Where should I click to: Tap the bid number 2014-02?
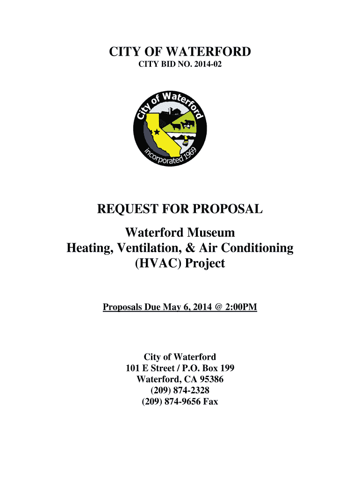click(204, 67)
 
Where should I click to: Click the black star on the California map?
click(157, 132)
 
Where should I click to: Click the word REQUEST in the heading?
click(125, 210)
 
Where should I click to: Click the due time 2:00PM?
click(240, 307)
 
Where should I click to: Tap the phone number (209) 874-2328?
click(180, 390)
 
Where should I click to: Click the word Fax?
click(210, 401)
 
